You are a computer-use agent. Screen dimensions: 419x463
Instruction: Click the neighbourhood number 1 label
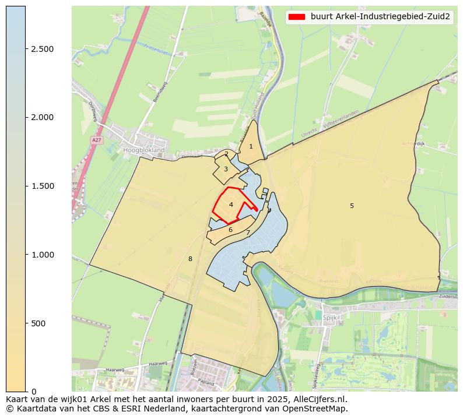point(251,146)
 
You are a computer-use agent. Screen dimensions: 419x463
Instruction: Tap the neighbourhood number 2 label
point(226,154)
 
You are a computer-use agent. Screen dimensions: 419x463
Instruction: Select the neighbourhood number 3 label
point(226,169)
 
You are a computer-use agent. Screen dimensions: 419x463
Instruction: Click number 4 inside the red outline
point(231,205)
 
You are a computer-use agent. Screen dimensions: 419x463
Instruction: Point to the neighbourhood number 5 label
point(352,206)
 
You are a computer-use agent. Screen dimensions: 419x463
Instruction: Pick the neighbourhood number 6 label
point(230,230)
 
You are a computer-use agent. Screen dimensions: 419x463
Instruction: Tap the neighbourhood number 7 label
point(248,233)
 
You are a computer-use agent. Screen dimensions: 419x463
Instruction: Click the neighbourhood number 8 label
point(190,259)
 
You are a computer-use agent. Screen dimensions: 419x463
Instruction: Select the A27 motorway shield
point(96,140)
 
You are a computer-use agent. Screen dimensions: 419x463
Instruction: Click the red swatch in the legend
point(297,17)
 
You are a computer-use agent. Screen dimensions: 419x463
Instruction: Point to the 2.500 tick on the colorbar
point(42,49)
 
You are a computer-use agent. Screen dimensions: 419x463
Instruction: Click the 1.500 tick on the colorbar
point(42,186)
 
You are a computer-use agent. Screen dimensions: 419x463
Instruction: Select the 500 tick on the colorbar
point(38,323)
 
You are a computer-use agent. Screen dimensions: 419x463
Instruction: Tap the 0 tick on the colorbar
point(34,391)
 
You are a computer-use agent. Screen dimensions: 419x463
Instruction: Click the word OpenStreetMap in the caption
point(318,409)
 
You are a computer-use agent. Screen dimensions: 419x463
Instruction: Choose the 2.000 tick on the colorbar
point(42,117)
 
